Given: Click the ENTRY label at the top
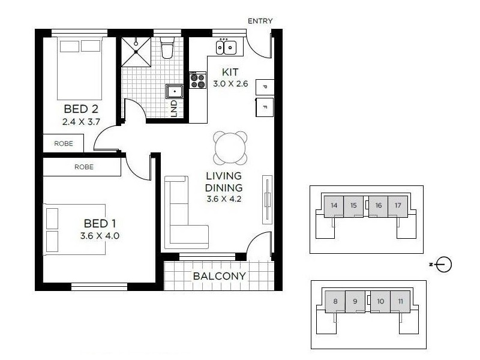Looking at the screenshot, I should [260, 21].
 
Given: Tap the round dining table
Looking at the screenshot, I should [230, 147].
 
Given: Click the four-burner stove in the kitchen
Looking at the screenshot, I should [197, 80].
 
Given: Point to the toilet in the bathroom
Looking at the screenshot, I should [167, 47].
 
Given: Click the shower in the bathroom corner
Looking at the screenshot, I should [136, 51].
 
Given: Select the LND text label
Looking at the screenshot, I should [174, 107].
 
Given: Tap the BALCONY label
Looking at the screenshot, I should [219, 277].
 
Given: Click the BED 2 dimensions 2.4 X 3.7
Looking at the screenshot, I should [80, 121].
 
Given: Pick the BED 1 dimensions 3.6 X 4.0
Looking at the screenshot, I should [100, 236].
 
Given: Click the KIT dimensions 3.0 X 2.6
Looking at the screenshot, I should [230, 84].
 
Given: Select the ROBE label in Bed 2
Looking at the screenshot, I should [64, 143].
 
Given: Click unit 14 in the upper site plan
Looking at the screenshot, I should [334, 206].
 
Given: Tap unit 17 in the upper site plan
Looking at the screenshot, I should [398, 206].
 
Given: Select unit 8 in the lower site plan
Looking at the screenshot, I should [335, 301].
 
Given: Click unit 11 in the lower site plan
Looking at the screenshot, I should [400, 301].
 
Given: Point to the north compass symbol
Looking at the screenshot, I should [443, 264].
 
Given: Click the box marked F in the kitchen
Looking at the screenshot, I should [264, 107].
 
